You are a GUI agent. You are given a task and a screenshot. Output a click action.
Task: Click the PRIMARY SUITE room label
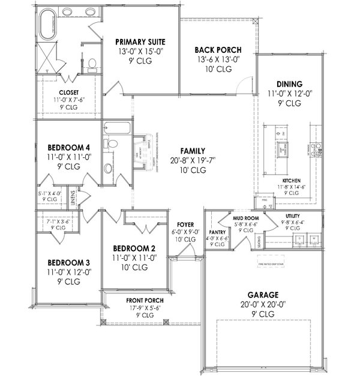[x=140, y=42]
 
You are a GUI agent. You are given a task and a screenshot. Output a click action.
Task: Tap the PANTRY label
[x=216, y=231]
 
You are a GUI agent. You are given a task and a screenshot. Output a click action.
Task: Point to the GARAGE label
[x=262, y=294]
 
